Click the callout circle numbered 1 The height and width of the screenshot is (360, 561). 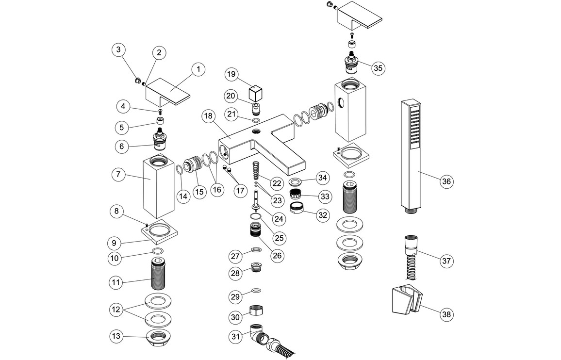pos(198,70)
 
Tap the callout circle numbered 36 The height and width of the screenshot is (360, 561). pos(446,181)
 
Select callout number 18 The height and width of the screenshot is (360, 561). pos(209,116)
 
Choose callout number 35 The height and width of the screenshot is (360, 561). pos(378,68)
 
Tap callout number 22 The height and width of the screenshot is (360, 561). pos(277,183)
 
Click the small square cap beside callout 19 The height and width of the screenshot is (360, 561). pos(255,93)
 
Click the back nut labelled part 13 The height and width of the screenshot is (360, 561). pos(160,335)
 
